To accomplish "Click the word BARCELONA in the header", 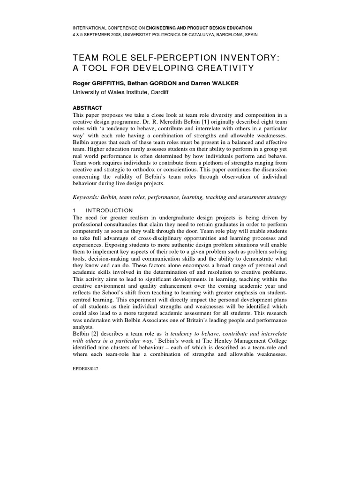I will (223, 35).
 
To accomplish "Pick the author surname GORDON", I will (157, 83).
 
